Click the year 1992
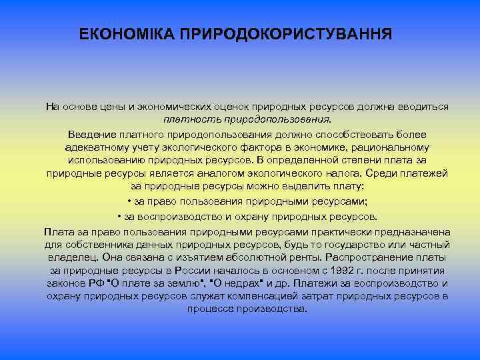pos(357,270)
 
